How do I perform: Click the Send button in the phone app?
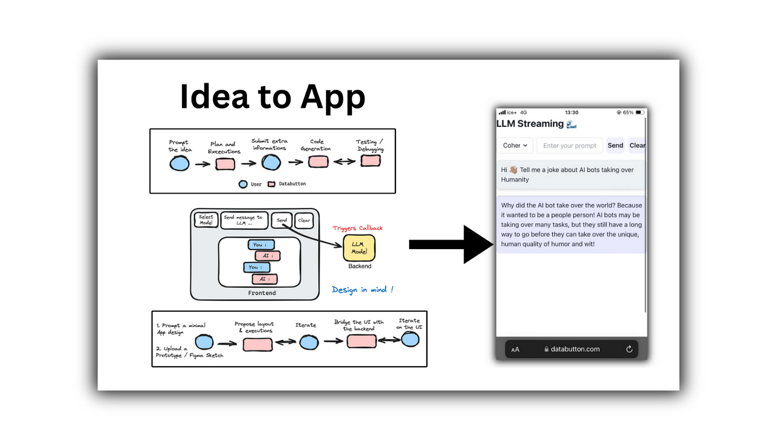[x=615, y=146]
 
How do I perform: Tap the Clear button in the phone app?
[x=637, y=146]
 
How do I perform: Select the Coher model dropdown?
[x=515, y=146]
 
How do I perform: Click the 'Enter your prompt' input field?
[x=569, y=146]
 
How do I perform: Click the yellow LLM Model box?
[x=359, y=248]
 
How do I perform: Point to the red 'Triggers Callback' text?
[x=357, y=228]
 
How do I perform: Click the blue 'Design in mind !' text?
[x=362, y=290]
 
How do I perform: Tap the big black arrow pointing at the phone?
[x=451, y=244]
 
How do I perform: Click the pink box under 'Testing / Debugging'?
[x=370, y=161]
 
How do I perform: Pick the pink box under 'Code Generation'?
[x=318, y=162]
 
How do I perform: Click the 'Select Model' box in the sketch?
[x=206, y=220]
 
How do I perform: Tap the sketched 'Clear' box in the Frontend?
[x=304, y=220]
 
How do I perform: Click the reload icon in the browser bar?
[x=629, y=349]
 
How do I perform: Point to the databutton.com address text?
[x=575, y=349]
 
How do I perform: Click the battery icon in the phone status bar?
[x=640, y=113]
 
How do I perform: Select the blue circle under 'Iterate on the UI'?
[x=410, y=339]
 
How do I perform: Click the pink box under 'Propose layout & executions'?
[x=257, y=344]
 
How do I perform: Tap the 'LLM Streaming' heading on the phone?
[x=530, y=123]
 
